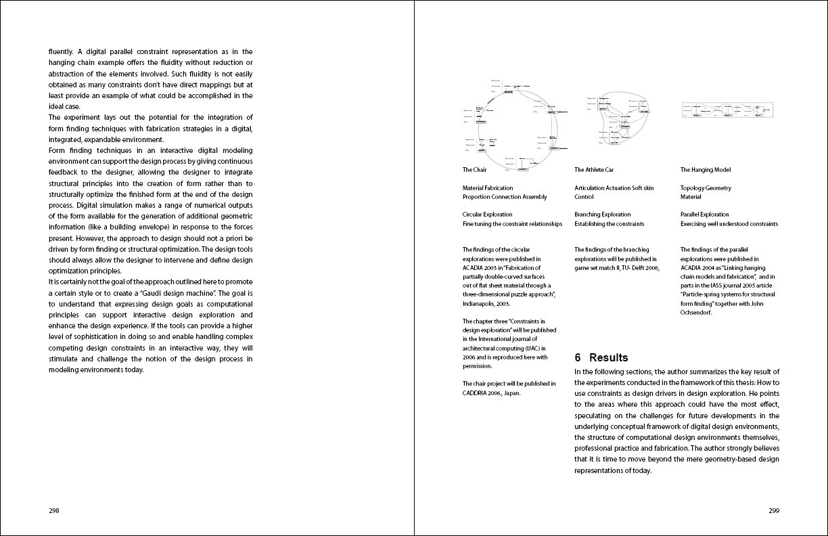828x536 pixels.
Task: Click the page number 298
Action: pos(54,511)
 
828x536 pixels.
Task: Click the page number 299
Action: pos(774,511)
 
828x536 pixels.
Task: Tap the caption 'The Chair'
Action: pos(474,170)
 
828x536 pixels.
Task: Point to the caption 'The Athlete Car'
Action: pos(594,170)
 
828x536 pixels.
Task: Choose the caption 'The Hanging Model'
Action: pos(706,170)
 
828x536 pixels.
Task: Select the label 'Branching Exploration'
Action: pos(602,215)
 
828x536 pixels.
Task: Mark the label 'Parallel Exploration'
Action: pos(704,215)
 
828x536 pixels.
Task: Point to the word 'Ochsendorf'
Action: pos(696,313)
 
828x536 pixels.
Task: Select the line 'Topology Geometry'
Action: pos(706,188)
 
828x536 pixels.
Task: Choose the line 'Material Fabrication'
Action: pos(487,188)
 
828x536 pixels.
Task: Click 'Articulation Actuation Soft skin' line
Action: pos(614,188)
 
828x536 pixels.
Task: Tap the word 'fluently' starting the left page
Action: pos(61,51)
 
